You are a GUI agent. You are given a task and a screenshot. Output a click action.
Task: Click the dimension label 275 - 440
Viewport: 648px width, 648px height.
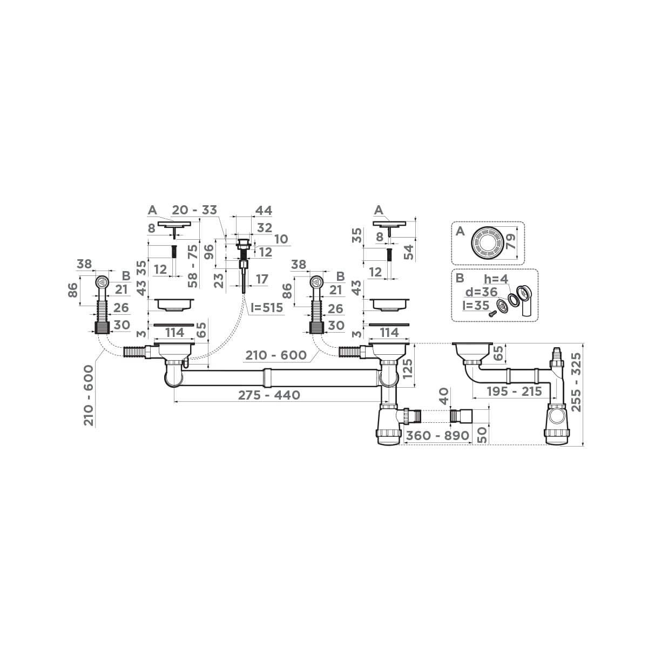click(x=269, y=395)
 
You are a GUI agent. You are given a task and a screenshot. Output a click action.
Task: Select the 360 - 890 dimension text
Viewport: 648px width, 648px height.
click(x=437, y=436)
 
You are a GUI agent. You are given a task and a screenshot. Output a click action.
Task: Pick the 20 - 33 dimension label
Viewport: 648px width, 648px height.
click(x=194, y=211)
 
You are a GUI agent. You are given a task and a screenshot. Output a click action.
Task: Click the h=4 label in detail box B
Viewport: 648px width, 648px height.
click(x=495, y=279)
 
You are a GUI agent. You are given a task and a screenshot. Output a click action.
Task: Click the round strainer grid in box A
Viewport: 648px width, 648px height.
click(x=487, y=244)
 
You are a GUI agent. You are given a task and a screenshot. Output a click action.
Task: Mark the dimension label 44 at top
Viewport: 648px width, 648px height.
click(x=263, y=211)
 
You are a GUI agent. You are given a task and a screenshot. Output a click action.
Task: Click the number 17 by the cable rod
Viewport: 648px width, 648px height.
click(x=261, y=279)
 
